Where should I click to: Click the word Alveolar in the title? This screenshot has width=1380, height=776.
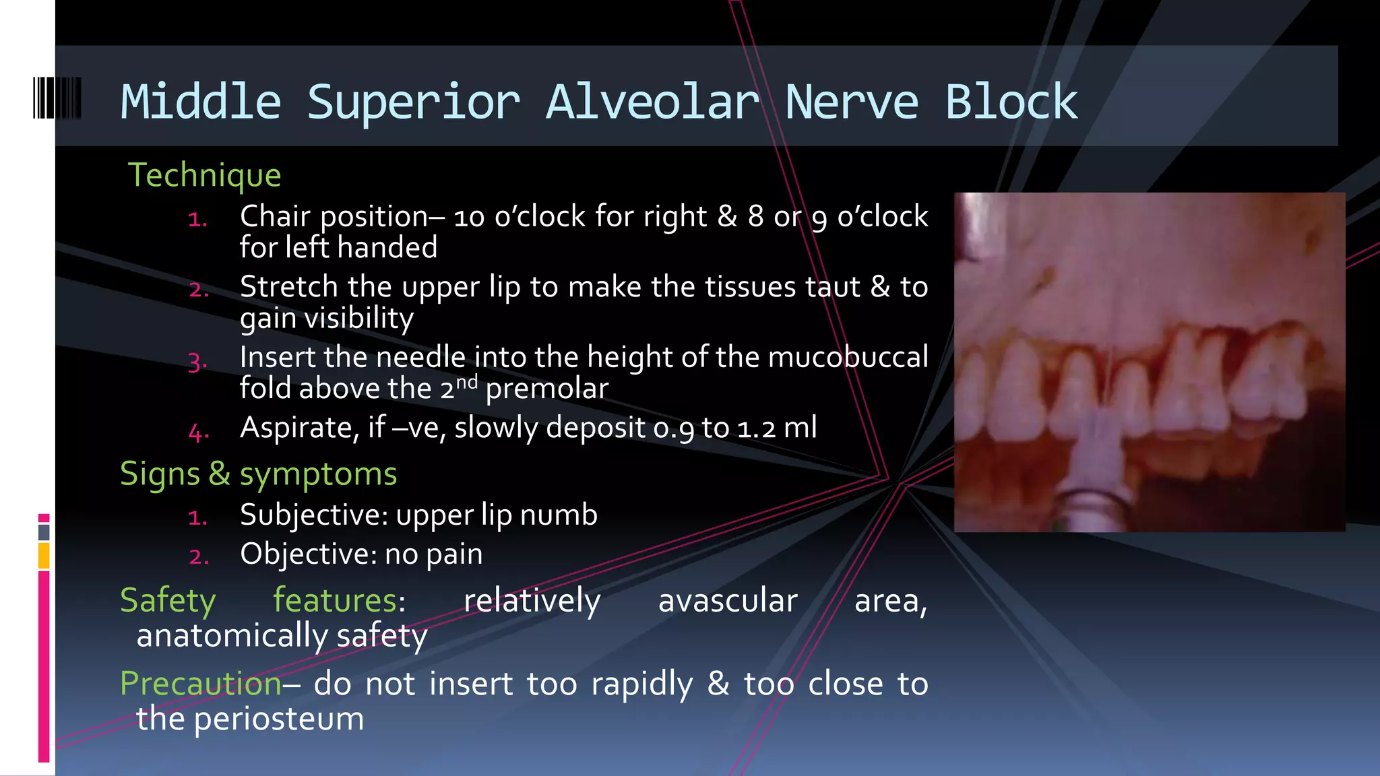[652, 102]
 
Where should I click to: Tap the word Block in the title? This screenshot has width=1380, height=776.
[1011, 102]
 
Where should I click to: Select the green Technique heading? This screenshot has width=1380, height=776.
[204, 175]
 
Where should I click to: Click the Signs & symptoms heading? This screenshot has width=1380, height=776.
[258, 474]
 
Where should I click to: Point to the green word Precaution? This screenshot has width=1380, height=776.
[201, 684]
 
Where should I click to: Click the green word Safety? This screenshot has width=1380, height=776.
[168, 600]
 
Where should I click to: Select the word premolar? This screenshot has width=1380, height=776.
[546, 389]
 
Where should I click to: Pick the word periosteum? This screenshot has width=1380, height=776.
[279, 719]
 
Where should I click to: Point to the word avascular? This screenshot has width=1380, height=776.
[728, 600]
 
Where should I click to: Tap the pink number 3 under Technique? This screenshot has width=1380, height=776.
[196, 362]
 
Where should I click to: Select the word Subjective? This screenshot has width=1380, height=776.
[313, 515]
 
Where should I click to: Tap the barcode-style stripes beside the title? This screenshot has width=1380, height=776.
[57, 98]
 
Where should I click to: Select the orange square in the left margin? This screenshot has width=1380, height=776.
[44, 556]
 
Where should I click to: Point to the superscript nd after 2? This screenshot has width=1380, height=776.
[467, 383]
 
